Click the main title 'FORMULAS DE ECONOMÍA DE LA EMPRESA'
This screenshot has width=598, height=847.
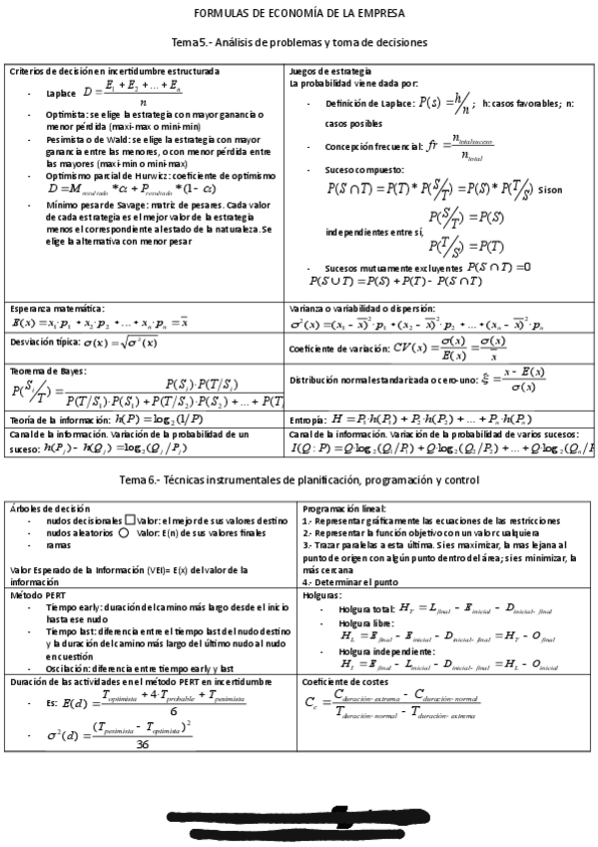pyautogui.click(x=299, y=13)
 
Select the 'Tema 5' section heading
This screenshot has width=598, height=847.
pyautogui.click(x=299, y=44)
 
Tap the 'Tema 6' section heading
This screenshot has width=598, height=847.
pyautogui.click(x=299, y=480)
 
